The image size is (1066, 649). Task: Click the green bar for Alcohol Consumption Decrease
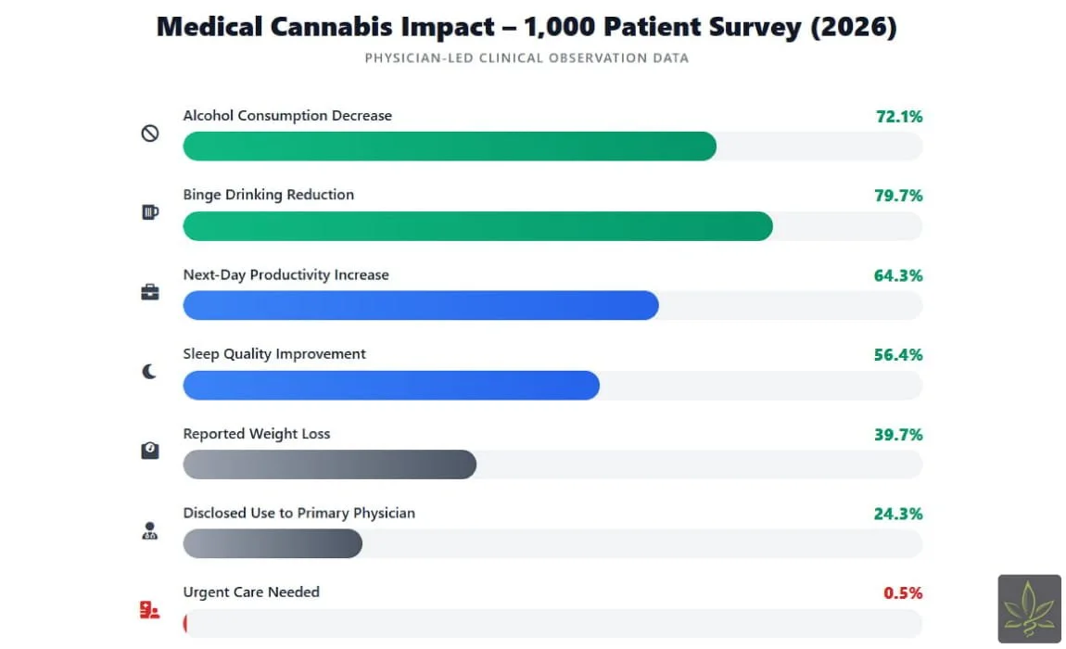[x=450, y=146]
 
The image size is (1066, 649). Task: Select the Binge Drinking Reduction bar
[x=477, y=226]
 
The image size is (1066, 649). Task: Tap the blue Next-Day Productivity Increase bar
[x=421, y=306]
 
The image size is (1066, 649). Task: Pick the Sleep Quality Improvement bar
[x=391, y=386]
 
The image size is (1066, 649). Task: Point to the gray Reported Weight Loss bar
[x=329, y=464]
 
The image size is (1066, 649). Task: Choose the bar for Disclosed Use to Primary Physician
[x=273, y=544]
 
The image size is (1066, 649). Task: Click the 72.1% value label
[x=898, y=117]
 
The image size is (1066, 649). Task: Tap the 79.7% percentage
[x=898, y=196]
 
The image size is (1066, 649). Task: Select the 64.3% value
[x=898, y=275]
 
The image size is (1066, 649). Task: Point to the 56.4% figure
[x=898, y=355]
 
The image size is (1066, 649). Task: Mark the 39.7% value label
[x=898, y=435]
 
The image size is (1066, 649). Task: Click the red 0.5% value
[x=903, y=593]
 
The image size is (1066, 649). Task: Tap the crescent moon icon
[x=149, y=372]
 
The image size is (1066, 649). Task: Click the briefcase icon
[x=149, y=292]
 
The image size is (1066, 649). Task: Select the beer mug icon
[x=149, y=212]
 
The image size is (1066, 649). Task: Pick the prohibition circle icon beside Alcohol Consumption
[x=149, y=134]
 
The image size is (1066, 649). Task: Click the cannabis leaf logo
[x=1029, y=608]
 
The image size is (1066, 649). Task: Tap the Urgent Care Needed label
[x=251, y=592]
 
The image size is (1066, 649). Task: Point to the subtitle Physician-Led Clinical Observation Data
[x=527, y=58]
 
